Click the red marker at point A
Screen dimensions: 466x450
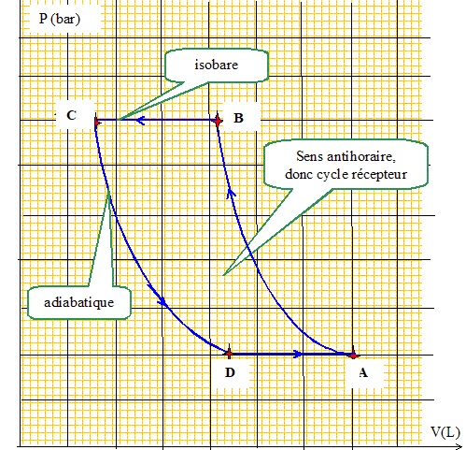tap(353, 355)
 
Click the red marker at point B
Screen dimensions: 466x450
tap(218, 121)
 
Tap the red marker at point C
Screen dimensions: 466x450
tap(96, 123)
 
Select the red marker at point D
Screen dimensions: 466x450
tap(229, 354)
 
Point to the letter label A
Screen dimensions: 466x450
tap(363, 372)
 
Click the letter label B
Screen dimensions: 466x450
tap(238, 118)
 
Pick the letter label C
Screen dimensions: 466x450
tap(71, 115)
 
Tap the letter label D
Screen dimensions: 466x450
tap(230, 372)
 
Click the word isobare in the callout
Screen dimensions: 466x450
tap(217, 65)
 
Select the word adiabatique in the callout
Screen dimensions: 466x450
tap(78, 302)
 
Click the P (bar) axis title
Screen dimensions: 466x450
tap(60, 19)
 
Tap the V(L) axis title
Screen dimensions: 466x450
tap(445, 432)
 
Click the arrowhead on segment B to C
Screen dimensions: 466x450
tap(140, 120)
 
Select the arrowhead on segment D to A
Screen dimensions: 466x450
tap(298, 354)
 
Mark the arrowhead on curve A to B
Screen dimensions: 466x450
tap(231, 192)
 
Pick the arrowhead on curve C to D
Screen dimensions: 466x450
tap(162, 300)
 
